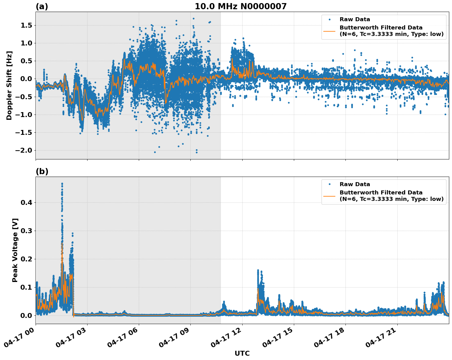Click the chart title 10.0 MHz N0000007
(241, 6)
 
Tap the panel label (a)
(42, 6)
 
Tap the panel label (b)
(42, 171)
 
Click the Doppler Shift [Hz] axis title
(9, 85)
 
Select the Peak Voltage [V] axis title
(15, 250)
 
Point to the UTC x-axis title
(242, 353)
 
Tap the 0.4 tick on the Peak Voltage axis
(27, 202)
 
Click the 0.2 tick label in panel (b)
(27, 259)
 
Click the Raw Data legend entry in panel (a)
(355, 19)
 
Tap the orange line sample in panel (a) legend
(329, 31)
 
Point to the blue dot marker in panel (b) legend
(329, 184)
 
